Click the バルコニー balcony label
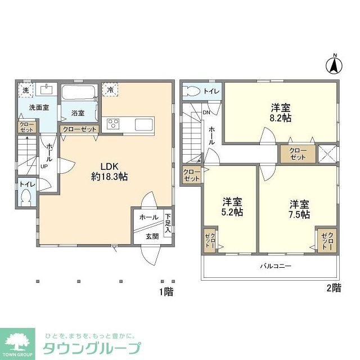tap(275, 265)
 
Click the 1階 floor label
tap(165, 292)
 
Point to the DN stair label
tap(206, 112)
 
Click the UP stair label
tap(43, 166)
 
